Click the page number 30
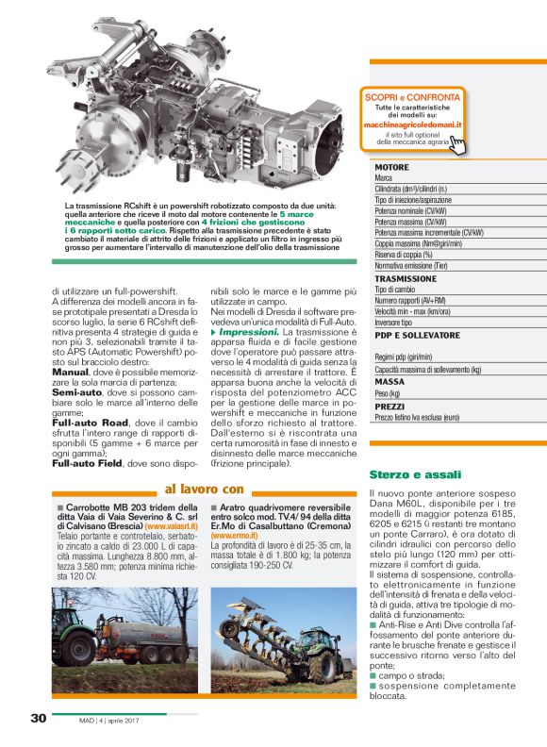tap(38, 719)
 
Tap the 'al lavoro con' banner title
tap(204, 489)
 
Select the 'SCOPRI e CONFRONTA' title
tap(416, 97)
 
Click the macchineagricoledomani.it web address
tap(415, 124)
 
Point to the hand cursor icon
tap(456, 144)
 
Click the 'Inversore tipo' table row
tap(400, 322)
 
